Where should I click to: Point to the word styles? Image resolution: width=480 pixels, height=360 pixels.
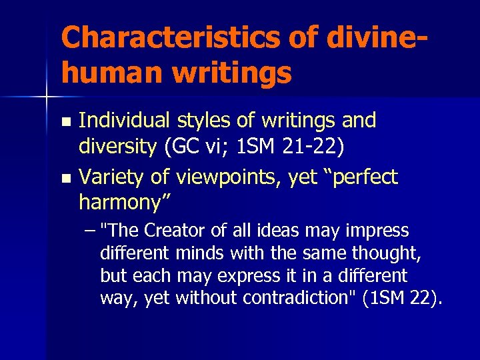[203, 121]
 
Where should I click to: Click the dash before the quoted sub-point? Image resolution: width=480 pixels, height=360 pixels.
[91, 231]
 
